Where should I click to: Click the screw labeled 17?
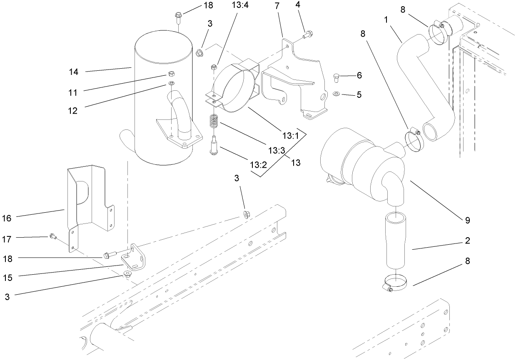[53, 236]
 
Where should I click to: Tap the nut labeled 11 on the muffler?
[172, 74]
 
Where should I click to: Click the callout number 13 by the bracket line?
[296, 162]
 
